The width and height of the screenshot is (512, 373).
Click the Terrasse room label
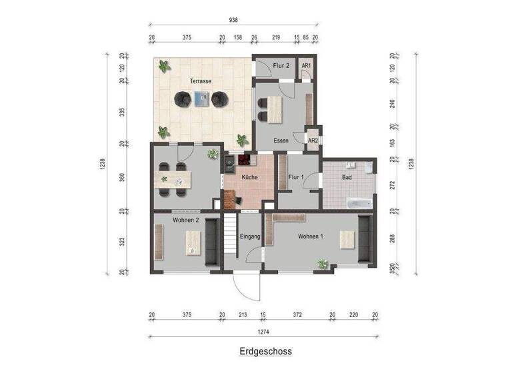(x=201, y=81)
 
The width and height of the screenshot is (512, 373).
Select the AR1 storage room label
(x=306, y=65)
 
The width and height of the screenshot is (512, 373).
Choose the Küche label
(x=250, y=178)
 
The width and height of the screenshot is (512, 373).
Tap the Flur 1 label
(x=297, y=178)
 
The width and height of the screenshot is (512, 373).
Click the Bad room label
(x=347, y=178)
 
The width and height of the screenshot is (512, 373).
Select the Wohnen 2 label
(x=186, y=220)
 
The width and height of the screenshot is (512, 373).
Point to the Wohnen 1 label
(x=311, y=236)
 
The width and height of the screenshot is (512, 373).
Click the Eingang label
(x=250, y=236)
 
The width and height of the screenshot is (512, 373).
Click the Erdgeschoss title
(x=265, y=351)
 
